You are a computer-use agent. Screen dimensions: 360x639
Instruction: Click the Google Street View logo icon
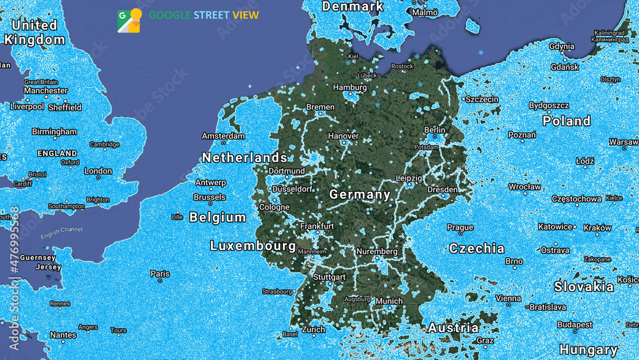coord(129,20)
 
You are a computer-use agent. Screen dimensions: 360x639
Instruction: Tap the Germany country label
coord(360,194)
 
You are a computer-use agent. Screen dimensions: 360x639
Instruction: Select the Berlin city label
coord(435,130)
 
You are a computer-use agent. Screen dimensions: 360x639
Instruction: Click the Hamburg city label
coord(350,87)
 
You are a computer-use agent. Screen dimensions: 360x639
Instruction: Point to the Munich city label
coord(389,301)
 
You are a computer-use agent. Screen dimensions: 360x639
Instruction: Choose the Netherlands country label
coord(245,157)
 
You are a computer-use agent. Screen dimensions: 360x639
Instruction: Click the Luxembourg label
coord(253,246)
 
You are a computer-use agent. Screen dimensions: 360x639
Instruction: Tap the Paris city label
coord(160,274)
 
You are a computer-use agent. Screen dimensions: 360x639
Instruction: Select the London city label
coord(98,171)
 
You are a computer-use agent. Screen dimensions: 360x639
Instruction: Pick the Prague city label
coord(460,227)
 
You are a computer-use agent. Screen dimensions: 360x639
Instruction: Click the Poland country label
coord(567,121)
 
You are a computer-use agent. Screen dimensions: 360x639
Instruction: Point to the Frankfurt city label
coord(317,226)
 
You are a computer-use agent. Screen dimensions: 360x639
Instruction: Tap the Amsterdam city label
coord(223,136)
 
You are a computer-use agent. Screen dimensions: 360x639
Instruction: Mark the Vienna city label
coord(508,298)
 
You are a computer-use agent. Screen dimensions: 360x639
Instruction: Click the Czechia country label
coord(477,248)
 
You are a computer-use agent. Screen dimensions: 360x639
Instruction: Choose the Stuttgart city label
coord(329,277)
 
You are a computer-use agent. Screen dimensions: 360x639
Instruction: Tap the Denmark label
coord(353,6)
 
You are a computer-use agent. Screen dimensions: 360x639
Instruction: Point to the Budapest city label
coord(574,324)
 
